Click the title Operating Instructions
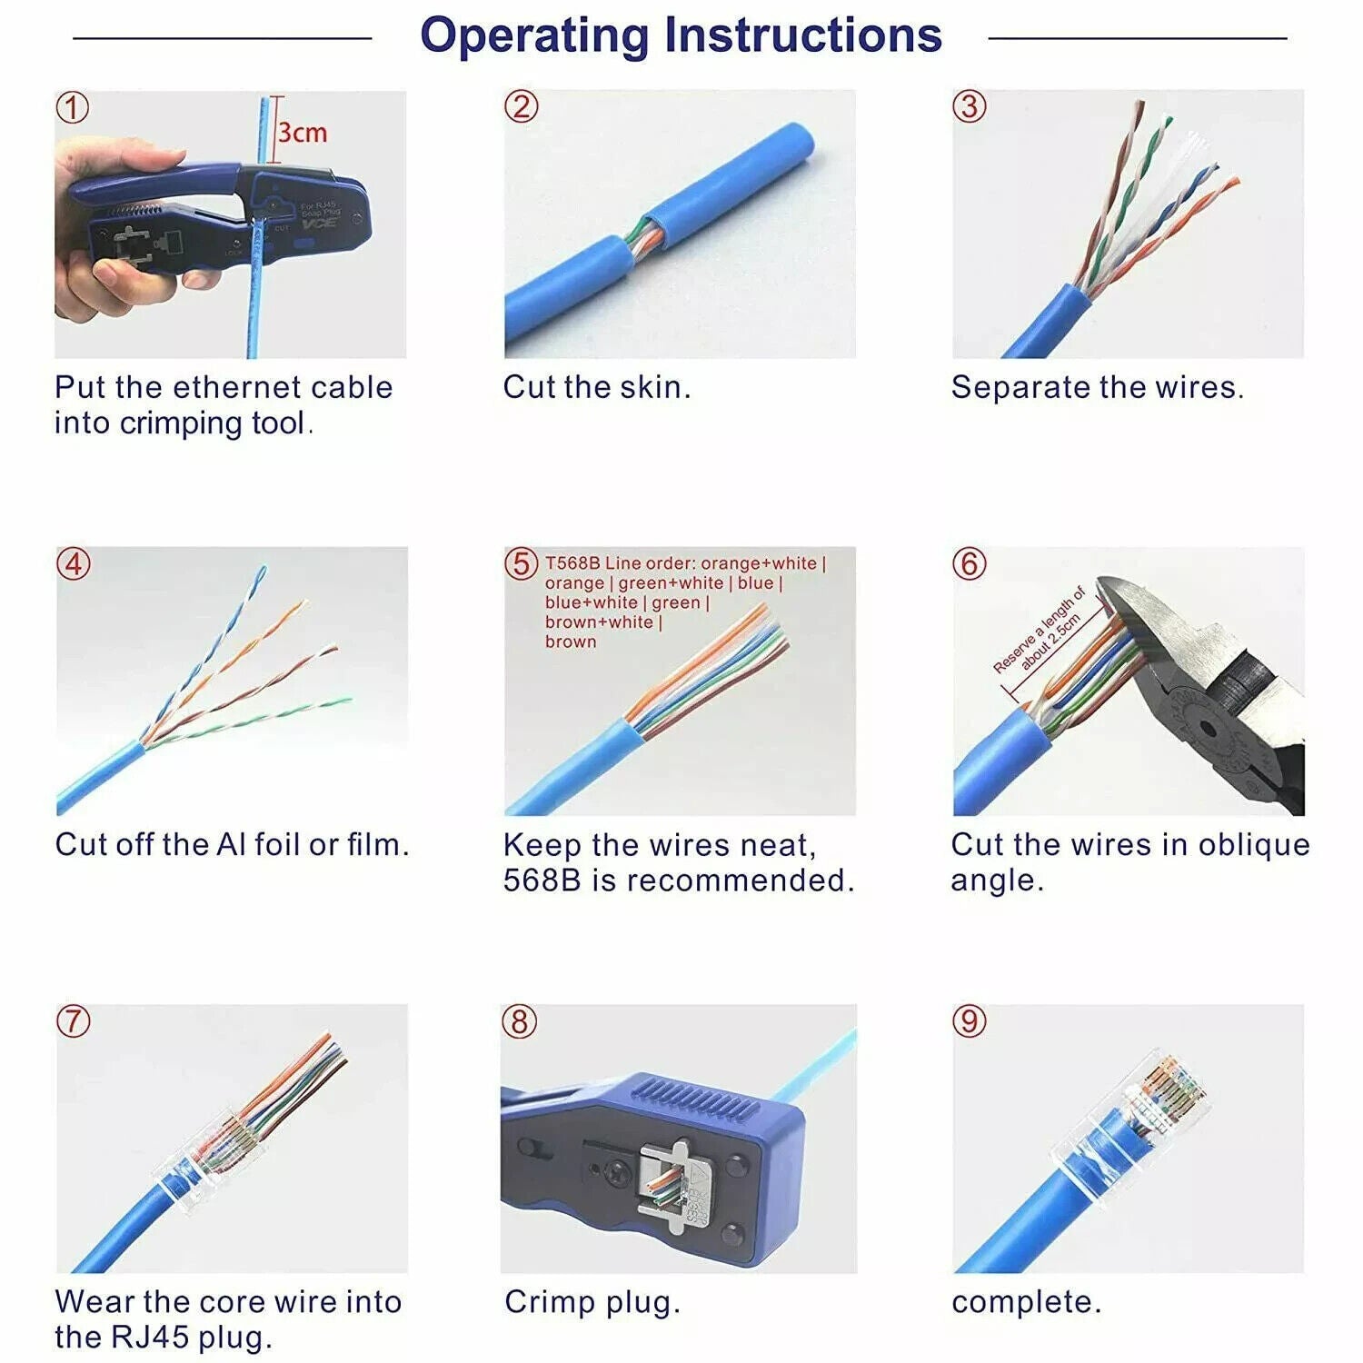point(681,36)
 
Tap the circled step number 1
point(73,107)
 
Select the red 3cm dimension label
point(302,133)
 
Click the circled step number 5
point(521,563)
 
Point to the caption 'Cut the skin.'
point(597,387)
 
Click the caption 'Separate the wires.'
point(1097,387)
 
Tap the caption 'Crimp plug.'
point(592,1301)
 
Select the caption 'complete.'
point(1026,1301)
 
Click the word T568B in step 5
point(572,563)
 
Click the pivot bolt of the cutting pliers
point(1207,727)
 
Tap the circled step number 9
point(969,1020)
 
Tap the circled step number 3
point(969,106)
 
